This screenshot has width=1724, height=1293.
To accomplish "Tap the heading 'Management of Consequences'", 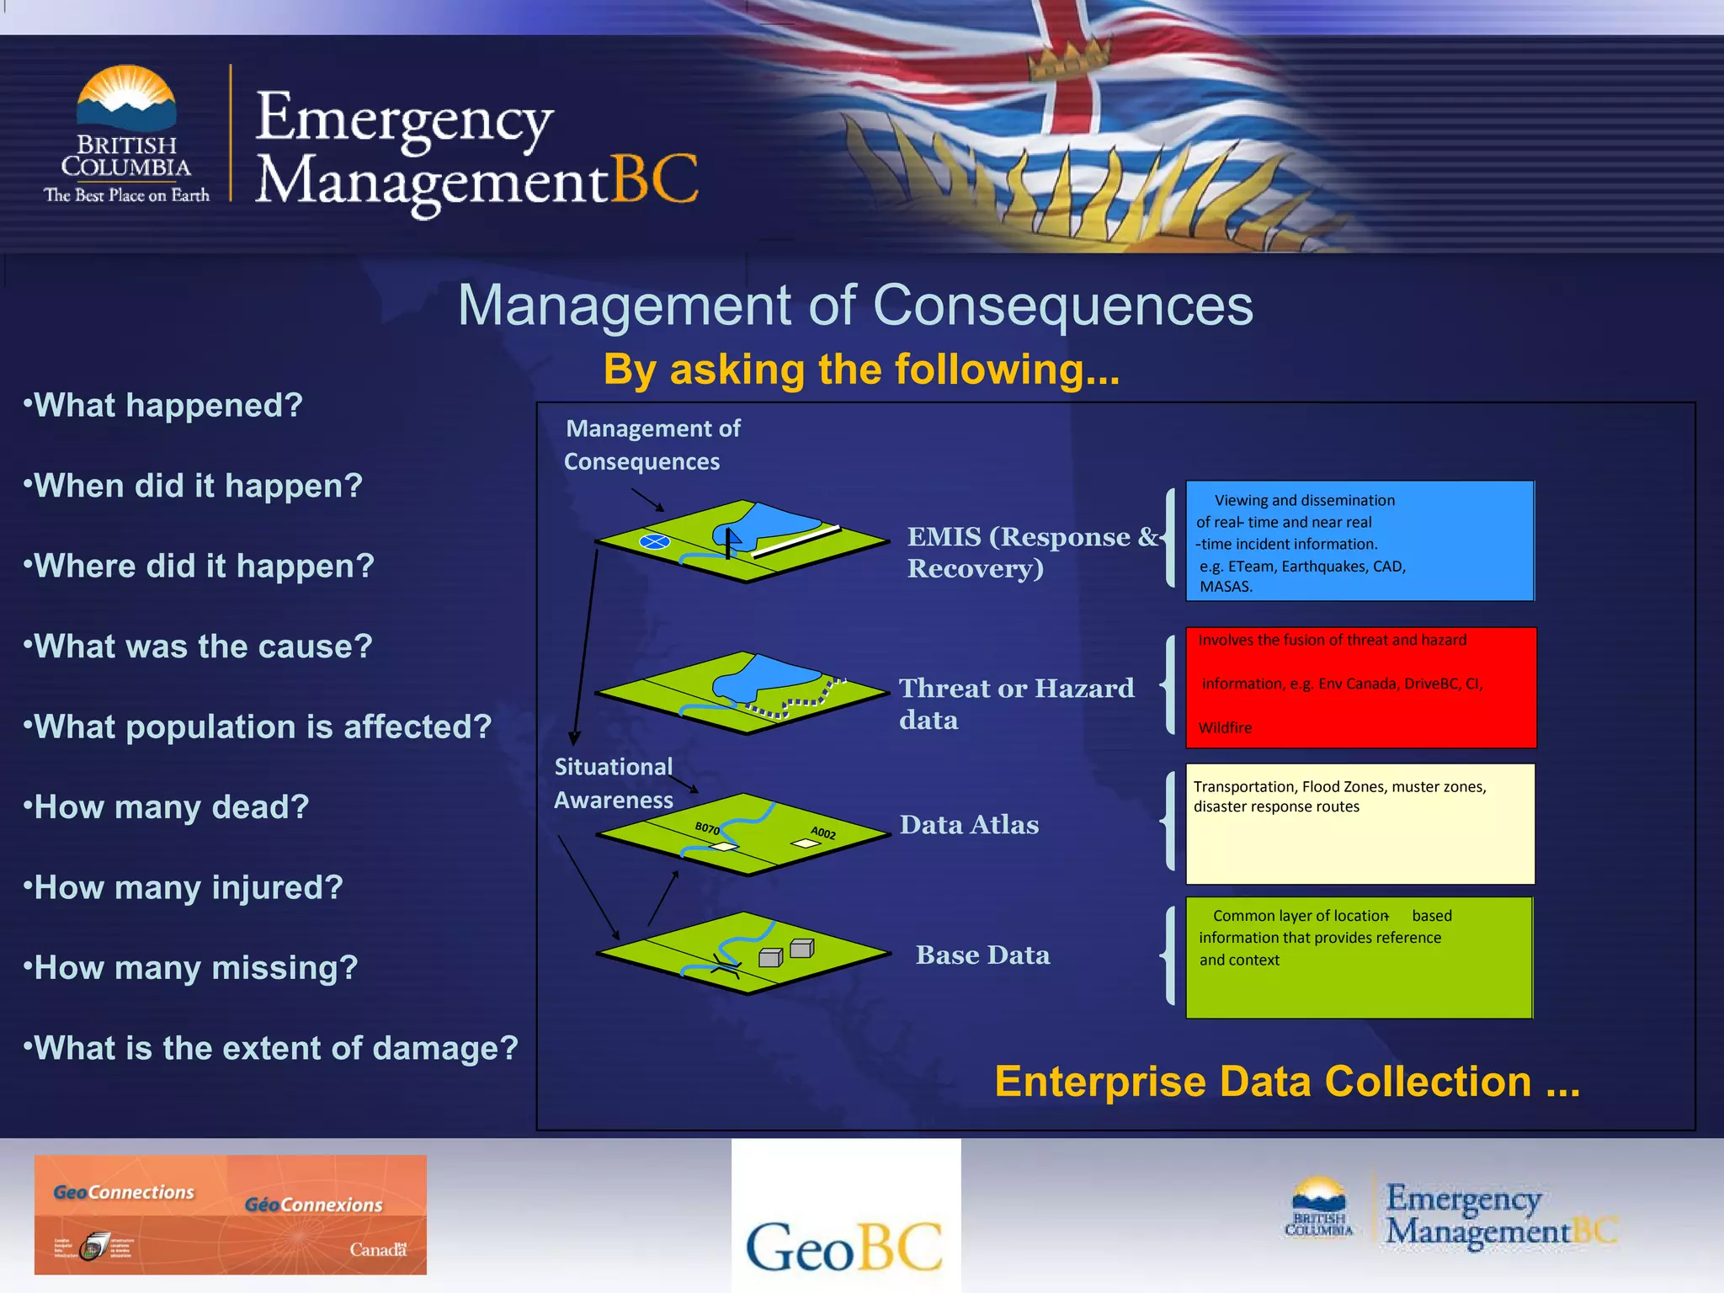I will tap(854, 305).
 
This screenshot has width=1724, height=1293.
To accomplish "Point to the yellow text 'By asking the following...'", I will tap(861, 370).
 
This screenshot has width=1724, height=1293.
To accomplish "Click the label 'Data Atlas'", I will tap(968, 825).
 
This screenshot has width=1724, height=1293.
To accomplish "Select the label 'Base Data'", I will tap(982, 955).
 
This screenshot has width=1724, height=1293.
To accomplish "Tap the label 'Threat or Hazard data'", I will tap(1016, 704).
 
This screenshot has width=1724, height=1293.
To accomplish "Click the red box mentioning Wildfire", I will tap(1360, 687).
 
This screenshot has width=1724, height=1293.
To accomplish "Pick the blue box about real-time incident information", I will tap(1359, 540).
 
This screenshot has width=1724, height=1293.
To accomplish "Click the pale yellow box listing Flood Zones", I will tap(1359, 823).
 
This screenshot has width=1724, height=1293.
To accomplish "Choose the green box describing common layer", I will tap(1359, 957).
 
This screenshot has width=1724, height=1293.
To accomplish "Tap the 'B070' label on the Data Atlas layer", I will tap(707, 828).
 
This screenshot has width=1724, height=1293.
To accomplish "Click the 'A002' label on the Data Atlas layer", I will tap(823, 833).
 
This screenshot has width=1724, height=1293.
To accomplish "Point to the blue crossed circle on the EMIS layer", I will tap(655, 542).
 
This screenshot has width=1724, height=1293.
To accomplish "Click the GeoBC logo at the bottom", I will tap(845, 1245).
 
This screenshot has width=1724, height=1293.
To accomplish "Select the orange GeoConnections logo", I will tap(230, 1214).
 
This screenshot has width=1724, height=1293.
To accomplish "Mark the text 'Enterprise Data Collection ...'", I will tap(1286, 1082).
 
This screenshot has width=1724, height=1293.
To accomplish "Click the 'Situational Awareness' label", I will tap(614, 783).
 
